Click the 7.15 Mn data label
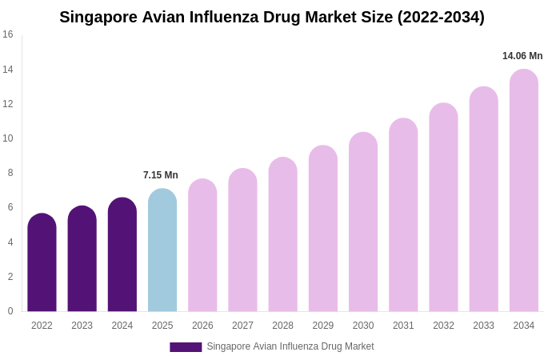tap(161, 175)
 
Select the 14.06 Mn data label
tap(522, 56)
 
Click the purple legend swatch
tap(186, 347)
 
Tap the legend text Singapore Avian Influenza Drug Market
tap(290, 346)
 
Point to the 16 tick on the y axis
tap(8, 34)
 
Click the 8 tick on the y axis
tap(10, 173)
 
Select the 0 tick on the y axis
tap(10, 311)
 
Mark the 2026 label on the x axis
tap(202, 326)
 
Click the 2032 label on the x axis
tap(443, 326)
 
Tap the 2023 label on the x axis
tap(82, 326)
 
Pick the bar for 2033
tap(483, 199)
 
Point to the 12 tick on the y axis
tap(8, 104)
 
